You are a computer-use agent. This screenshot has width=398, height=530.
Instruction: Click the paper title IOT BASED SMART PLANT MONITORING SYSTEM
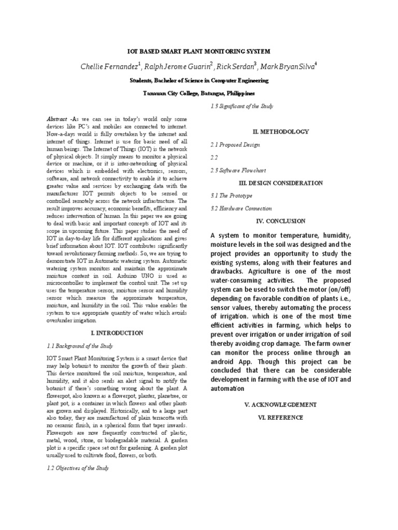coord(199,52)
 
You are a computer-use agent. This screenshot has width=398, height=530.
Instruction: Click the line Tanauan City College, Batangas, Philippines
coord(199,94)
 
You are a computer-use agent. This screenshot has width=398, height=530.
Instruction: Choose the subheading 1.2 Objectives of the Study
coord(78,468)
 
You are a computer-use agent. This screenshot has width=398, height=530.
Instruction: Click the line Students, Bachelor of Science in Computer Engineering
coord(199,81)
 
